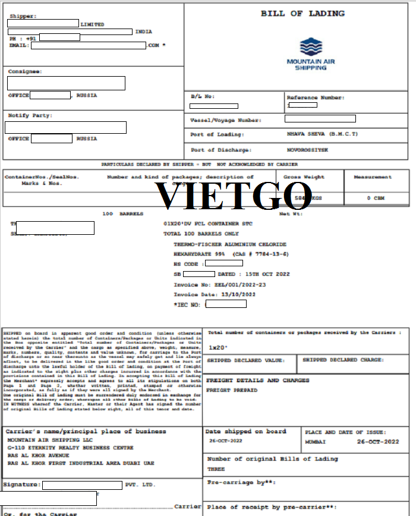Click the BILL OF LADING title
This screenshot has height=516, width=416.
(x=302, y=14)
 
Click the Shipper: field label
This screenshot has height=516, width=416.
(x=23, y=16)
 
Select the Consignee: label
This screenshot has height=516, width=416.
(x=25, y=71)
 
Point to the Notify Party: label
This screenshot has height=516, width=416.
(x=30, y=115)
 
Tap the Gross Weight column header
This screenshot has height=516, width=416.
(x=304, y=177)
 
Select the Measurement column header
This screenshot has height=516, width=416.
(x=373, y=177)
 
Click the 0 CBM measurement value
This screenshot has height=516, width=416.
(x=376, y=198)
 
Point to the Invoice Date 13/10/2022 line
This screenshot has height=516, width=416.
(x=215, y=294)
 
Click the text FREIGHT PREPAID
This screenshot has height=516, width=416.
(x=232, y=390)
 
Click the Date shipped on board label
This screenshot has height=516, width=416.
(x=245, y=432)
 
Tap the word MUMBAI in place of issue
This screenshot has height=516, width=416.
(x=315, y=442)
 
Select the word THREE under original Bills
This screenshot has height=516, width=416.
(x=216, y=469)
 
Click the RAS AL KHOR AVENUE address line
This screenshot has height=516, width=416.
(x=38, y=455)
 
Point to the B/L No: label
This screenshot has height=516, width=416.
(x=203, y=96)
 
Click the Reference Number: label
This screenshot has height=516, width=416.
(x=315, y=97)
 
